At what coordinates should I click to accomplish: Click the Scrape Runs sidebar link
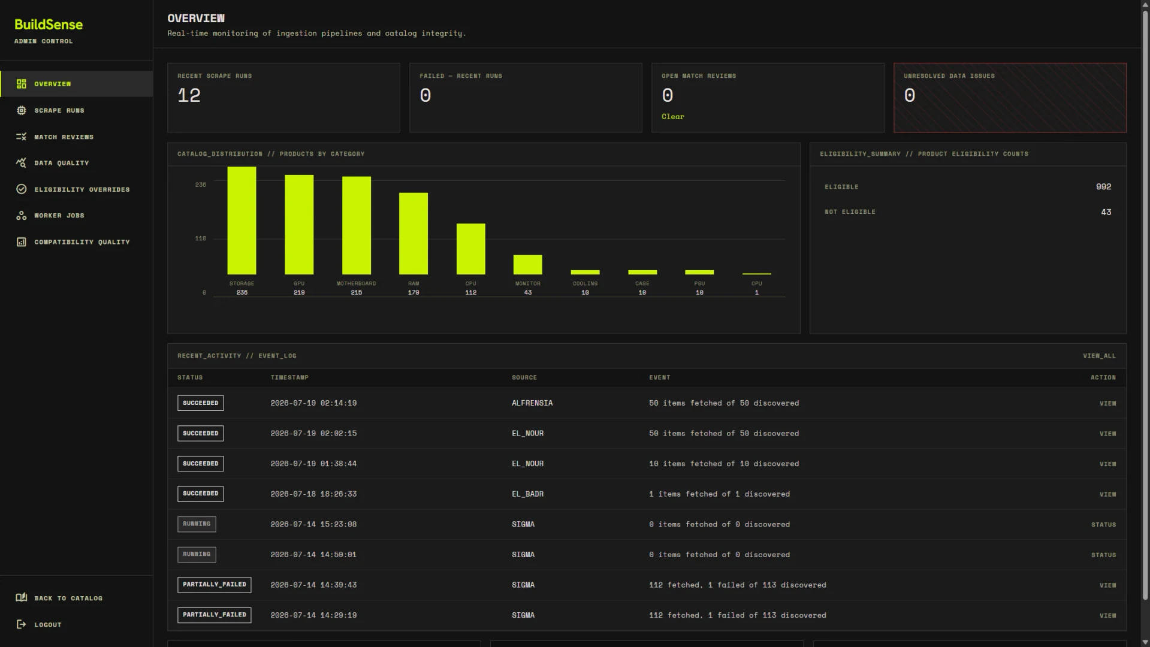[x=59, y=110]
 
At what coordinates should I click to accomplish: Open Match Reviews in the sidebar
[x=64, y=137]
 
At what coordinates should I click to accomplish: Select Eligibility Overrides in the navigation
[x=82, y=189]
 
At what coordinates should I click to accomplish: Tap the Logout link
[x=47, y=624]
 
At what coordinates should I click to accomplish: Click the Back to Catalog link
[x=68, y=598]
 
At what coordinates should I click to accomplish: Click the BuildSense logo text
[x=49, y=25]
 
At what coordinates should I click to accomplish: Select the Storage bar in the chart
[x=242, y=220]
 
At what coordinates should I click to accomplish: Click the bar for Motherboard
[x=356, y=225]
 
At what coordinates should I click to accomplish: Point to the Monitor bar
[x=527, y=265]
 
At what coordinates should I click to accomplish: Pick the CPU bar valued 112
[x=470, y=249]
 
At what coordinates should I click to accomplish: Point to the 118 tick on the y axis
[x=200, y=238]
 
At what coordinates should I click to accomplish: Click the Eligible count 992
[x=1103, y=187]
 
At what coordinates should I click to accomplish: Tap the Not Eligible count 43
[x=1106, y=212]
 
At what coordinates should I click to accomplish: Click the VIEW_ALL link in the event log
[x=1099, y=356]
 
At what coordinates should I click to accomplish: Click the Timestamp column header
[x=289, y=377]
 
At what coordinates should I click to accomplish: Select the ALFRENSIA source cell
[x=532, y=403]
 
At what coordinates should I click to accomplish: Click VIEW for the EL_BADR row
[x=1107, y=494]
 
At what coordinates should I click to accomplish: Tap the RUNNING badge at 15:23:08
[x=197, y=524]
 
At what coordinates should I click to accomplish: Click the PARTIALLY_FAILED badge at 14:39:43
[x=214, y=585]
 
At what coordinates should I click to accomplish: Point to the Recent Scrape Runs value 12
[x=189, y=95]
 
